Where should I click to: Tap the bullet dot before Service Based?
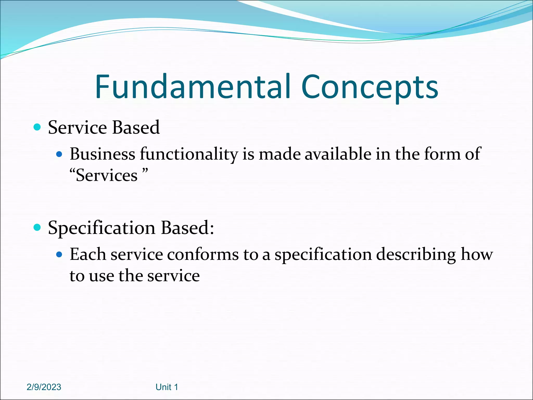pos(37,127)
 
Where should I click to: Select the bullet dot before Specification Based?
pos(37,227)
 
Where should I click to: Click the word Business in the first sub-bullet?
pos(102,154)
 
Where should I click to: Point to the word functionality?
pos(189,154)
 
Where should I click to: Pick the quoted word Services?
pos(107,175)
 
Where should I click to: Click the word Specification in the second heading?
pos(102,228)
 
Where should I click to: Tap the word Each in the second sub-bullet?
pos(87,254)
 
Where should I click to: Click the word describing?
pos(416,255)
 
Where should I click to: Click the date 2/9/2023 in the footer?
pos(44,387)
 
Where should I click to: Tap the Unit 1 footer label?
pos(167,387)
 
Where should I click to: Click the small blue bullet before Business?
pos(59,154)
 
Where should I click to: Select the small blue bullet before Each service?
pos(59,254)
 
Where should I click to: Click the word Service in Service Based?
pos(78,128)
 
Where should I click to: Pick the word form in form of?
pos(442,154)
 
